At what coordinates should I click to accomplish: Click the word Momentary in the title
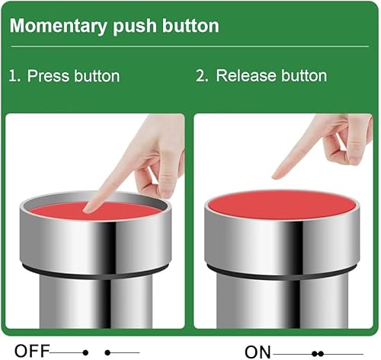58,27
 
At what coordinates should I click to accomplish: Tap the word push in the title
135,27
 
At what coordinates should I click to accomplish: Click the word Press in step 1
48,76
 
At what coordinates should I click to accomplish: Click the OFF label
32,351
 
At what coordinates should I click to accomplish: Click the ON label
258,352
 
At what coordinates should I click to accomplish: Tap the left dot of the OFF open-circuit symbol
85,352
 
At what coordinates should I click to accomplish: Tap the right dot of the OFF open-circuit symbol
107,352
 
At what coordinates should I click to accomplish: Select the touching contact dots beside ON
318,353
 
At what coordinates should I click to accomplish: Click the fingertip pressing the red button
90,209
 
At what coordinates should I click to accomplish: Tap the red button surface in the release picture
282,204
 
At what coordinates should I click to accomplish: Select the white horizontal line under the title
190,46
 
